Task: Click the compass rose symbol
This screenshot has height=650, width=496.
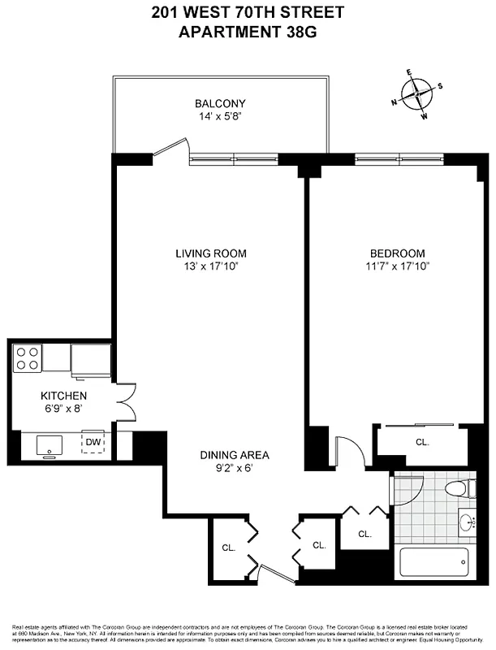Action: pos(416,94)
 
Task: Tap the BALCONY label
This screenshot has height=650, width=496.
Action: pos(220,104)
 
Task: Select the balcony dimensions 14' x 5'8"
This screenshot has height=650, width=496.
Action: pos(220,117)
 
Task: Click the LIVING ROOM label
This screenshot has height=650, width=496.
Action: pos(210,253)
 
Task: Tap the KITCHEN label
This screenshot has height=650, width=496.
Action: pos(63,396)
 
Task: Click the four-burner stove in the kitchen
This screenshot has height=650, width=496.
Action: pos(28,358)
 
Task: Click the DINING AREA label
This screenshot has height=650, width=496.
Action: pos(235,455)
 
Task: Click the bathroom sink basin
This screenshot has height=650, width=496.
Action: pos(467,521)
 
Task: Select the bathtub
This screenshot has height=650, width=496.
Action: pos(434,563)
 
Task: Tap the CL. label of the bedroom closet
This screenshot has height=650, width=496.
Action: pos(422,443)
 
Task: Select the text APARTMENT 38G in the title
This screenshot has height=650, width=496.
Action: pos(247,32)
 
